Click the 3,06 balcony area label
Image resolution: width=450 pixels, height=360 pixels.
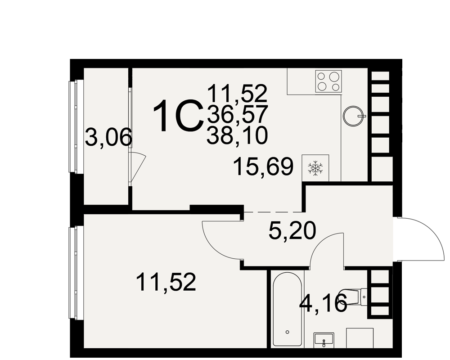tap(108, 138)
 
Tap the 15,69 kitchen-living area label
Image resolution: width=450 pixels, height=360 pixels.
tap(263, 166)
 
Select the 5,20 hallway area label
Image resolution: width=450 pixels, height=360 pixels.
tap(292, 231)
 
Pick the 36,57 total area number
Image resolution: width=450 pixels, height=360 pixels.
tap(237, 114)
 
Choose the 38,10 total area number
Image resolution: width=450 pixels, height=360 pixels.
tap(237, 135)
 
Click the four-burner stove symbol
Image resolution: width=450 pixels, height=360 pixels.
tap(328, 81)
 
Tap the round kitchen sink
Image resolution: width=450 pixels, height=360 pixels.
tap(353, 116)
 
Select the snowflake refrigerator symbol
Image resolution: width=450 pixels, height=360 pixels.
tap(315, 168)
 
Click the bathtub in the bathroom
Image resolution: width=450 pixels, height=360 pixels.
tap(287, 309)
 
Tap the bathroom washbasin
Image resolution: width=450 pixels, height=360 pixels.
tap(324, 340)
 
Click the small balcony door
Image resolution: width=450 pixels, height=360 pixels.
tap(137, 168)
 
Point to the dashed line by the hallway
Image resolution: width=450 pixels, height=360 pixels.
tap(273, 211)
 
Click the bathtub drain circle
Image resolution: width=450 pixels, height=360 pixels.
tap(287, 332)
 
